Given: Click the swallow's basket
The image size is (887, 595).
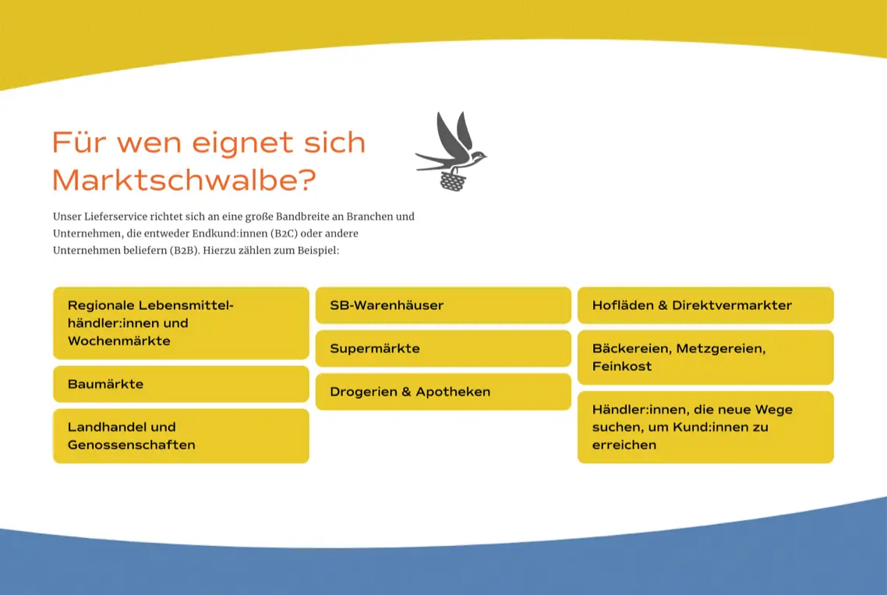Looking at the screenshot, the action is click(x=453, y=181).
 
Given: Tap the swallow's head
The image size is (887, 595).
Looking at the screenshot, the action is click(x=479, y=154).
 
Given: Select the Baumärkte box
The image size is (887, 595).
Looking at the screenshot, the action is click(x=181, y=384).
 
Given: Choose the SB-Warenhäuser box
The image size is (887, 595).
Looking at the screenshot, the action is click(x=443, y=305).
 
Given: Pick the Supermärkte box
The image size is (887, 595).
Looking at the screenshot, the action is click(x=443, y=349).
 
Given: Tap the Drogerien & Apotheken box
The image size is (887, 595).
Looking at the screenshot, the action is click(x=443, y=392).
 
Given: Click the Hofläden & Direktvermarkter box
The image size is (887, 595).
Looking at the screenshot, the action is click(x=705, y=305).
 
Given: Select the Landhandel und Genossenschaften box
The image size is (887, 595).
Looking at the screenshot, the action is click(x=181, y=436).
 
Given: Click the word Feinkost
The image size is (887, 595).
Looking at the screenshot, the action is click(x=622, y=366).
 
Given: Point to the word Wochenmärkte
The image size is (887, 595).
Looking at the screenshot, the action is click(x=118, y=341).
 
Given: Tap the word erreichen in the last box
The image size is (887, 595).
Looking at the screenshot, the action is click(x=624, y=445).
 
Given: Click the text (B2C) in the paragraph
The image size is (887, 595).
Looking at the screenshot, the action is click(x=284, y=234).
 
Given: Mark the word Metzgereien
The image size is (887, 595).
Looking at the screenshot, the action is click(x=721, y=349).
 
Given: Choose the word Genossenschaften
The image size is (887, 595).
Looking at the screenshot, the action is click(x=131, y=445).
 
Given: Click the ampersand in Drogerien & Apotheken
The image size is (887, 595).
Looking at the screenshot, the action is click(x=406, y=392).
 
